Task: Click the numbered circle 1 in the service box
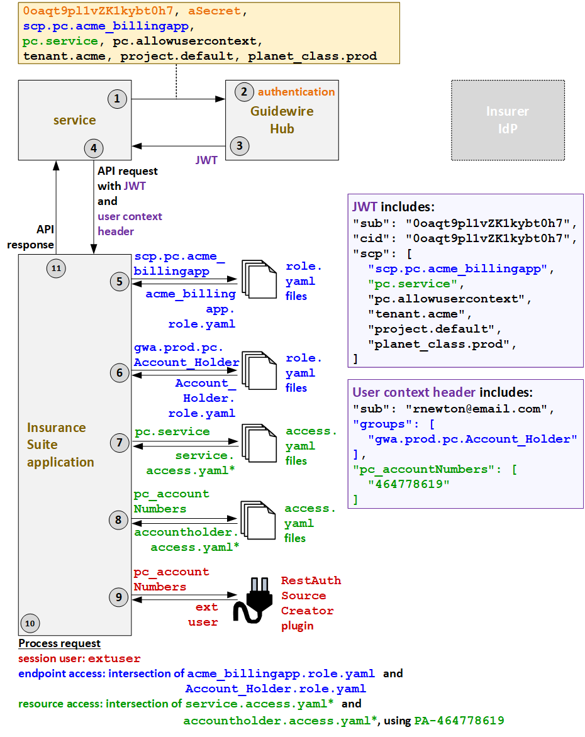click(x=117, y=99)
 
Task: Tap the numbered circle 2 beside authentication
click(x=243, y=92)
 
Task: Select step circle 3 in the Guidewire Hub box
click(x=239, y=147)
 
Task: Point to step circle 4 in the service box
click(x=94, y=148)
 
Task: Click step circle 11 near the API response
click(x=56, y=269)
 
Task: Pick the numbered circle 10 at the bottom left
click(x=30, y=623)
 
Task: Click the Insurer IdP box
click(x=508, y=120)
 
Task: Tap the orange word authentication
click(x=296, y=92)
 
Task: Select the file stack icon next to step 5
click(x=258, y=280)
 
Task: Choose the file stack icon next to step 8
click(x=258, y=521)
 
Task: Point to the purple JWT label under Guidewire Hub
click(x=207, y=160)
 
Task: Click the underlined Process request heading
click(x=59, y=644)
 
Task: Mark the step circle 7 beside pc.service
click(x=119, y=443)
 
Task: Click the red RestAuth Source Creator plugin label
click(x=311, y=603)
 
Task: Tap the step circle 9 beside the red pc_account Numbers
click(x=119, y=596)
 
